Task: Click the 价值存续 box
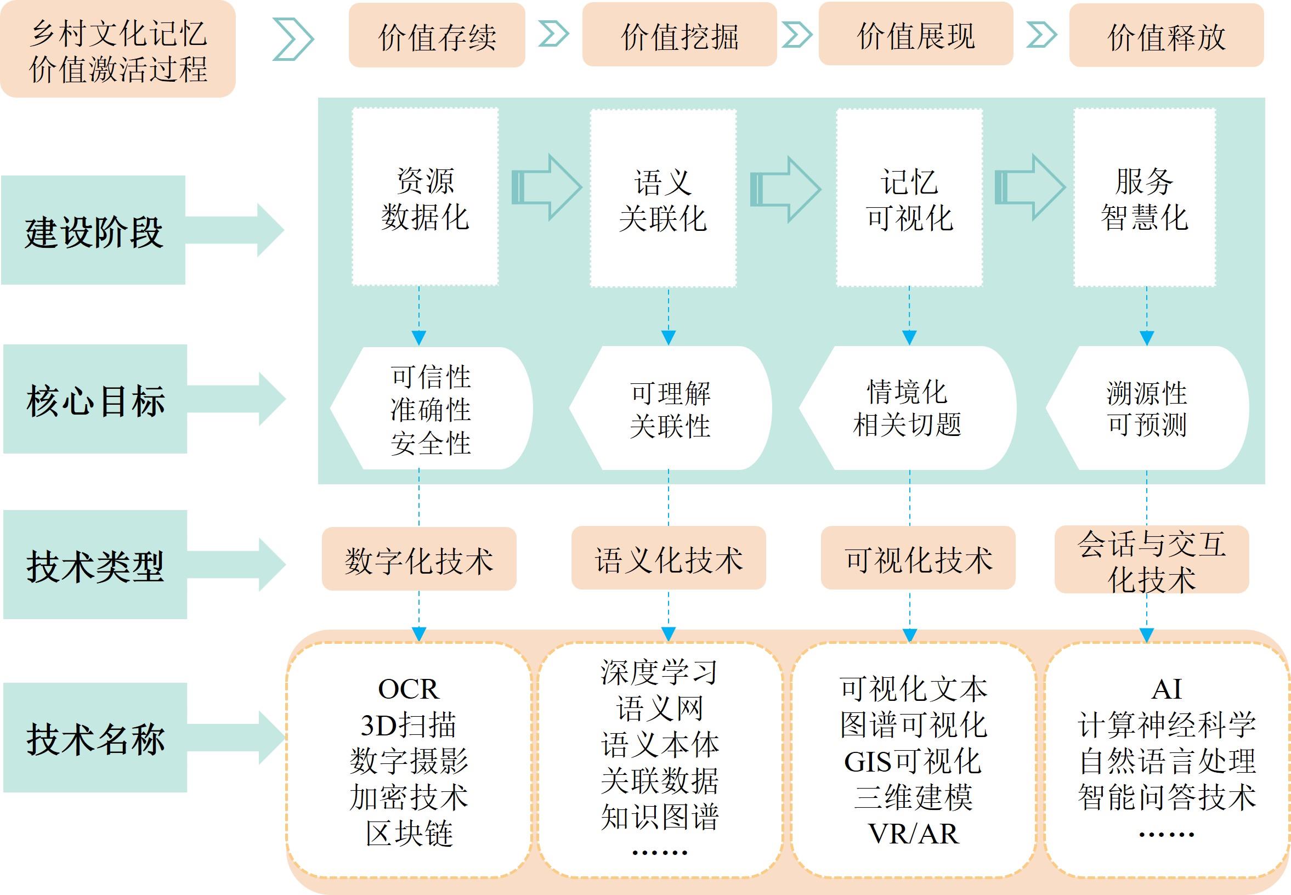(437, 35)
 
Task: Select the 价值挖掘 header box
(679, 35)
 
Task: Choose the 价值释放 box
(1166, 35)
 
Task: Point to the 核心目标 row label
(95, 399)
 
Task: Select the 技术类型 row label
(95, 565)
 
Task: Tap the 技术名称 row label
(95, 738)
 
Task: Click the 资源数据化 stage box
(425, 197)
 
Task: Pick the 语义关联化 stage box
(663, 199)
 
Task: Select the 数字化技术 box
(419, 559)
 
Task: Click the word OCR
(408, 689)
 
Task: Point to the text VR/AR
(913, 834)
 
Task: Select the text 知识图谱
(660, 817)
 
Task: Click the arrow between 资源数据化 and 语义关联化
(547, 188)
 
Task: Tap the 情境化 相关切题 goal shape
(908, 407)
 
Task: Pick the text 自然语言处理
(1167, 761)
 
